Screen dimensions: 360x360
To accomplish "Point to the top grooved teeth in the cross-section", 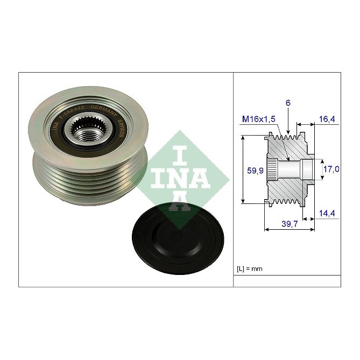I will tap(288, 141).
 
